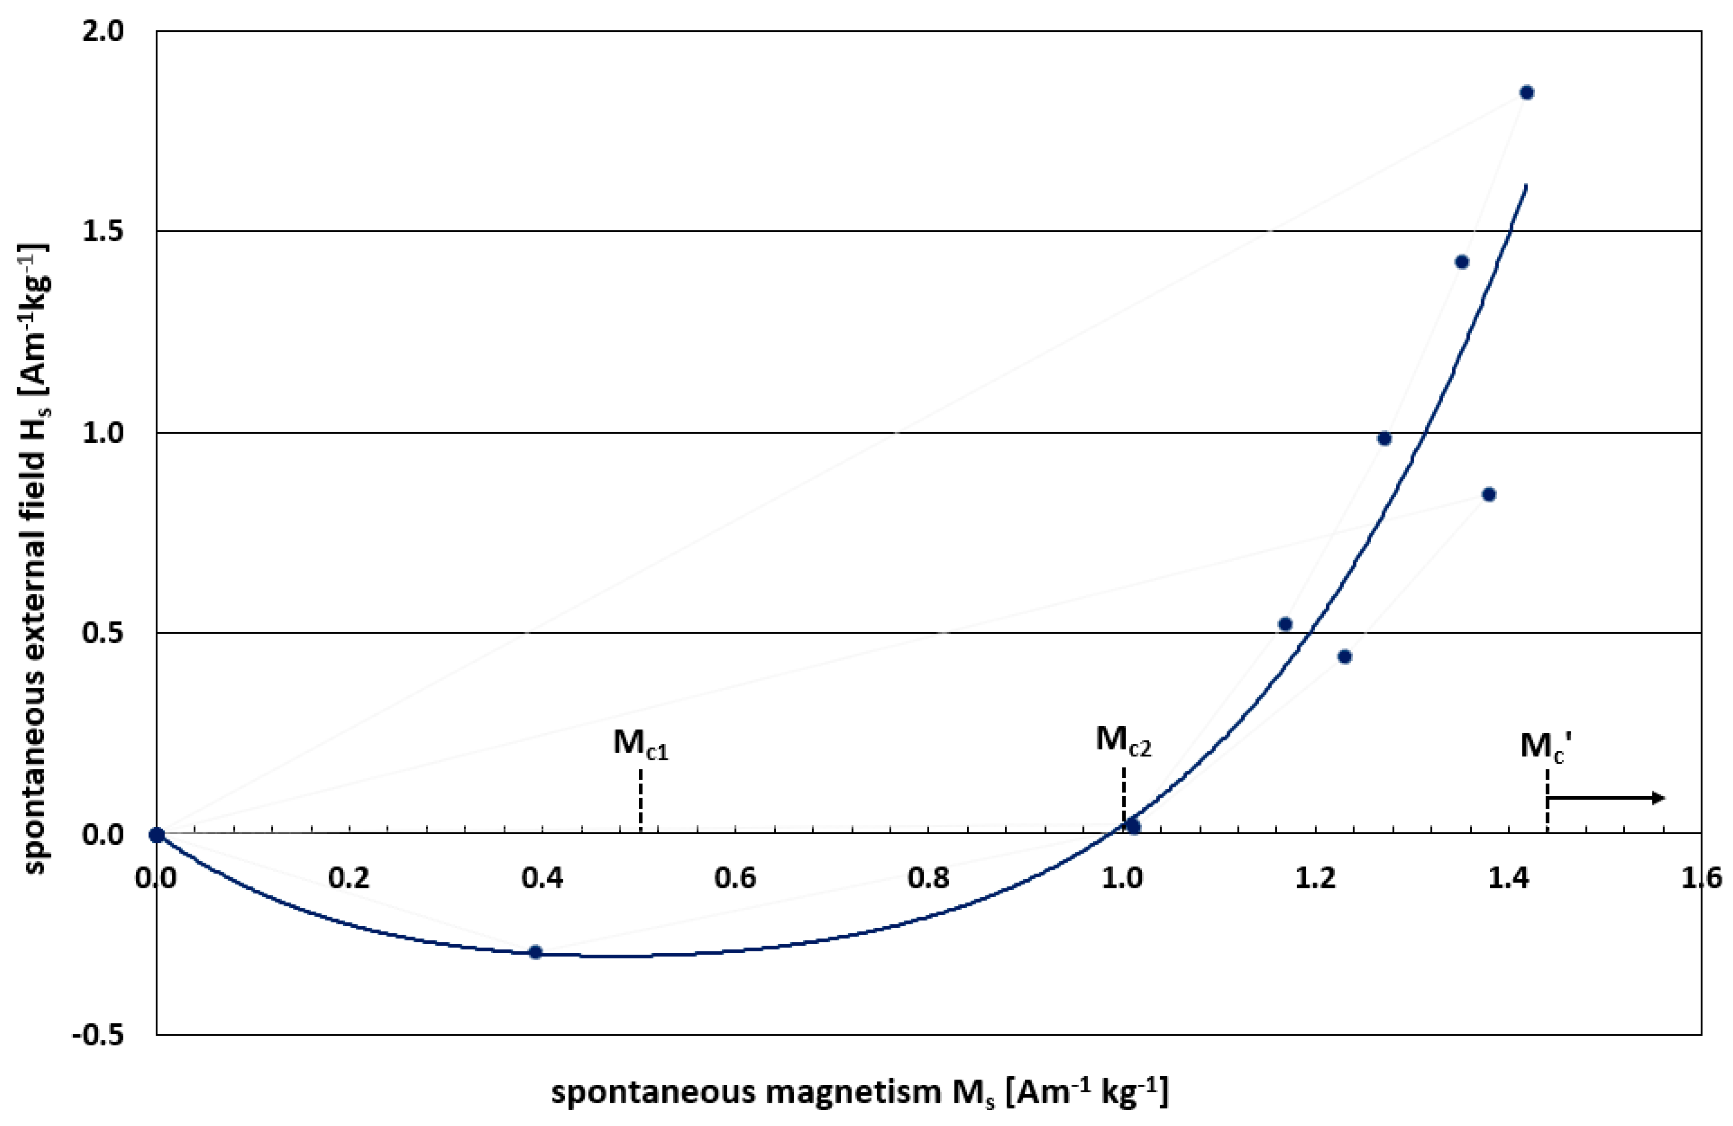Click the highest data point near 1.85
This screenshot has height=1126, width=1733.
tap(1527, 93)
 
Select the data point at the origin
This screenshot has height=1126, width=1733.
tap(157, 834)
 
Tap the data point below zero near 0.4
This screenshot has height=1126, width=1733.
tap(535, 952)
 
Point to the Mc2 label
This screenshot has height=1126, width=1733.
tap(1123, 741)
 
